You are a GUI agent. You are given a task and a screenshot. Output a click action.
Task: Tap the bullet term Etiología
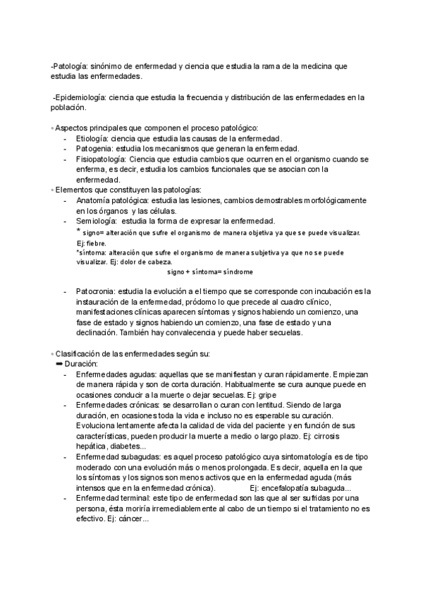click(93, 138)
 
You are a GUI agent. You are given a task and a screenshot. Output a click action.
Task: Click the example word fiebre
click(97, 243)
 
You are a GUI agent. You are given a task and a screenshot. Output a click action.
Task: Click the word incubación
click(339, 291)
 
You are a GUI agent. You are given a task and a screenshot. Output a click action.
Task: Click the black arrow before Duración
click(59, 363)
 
